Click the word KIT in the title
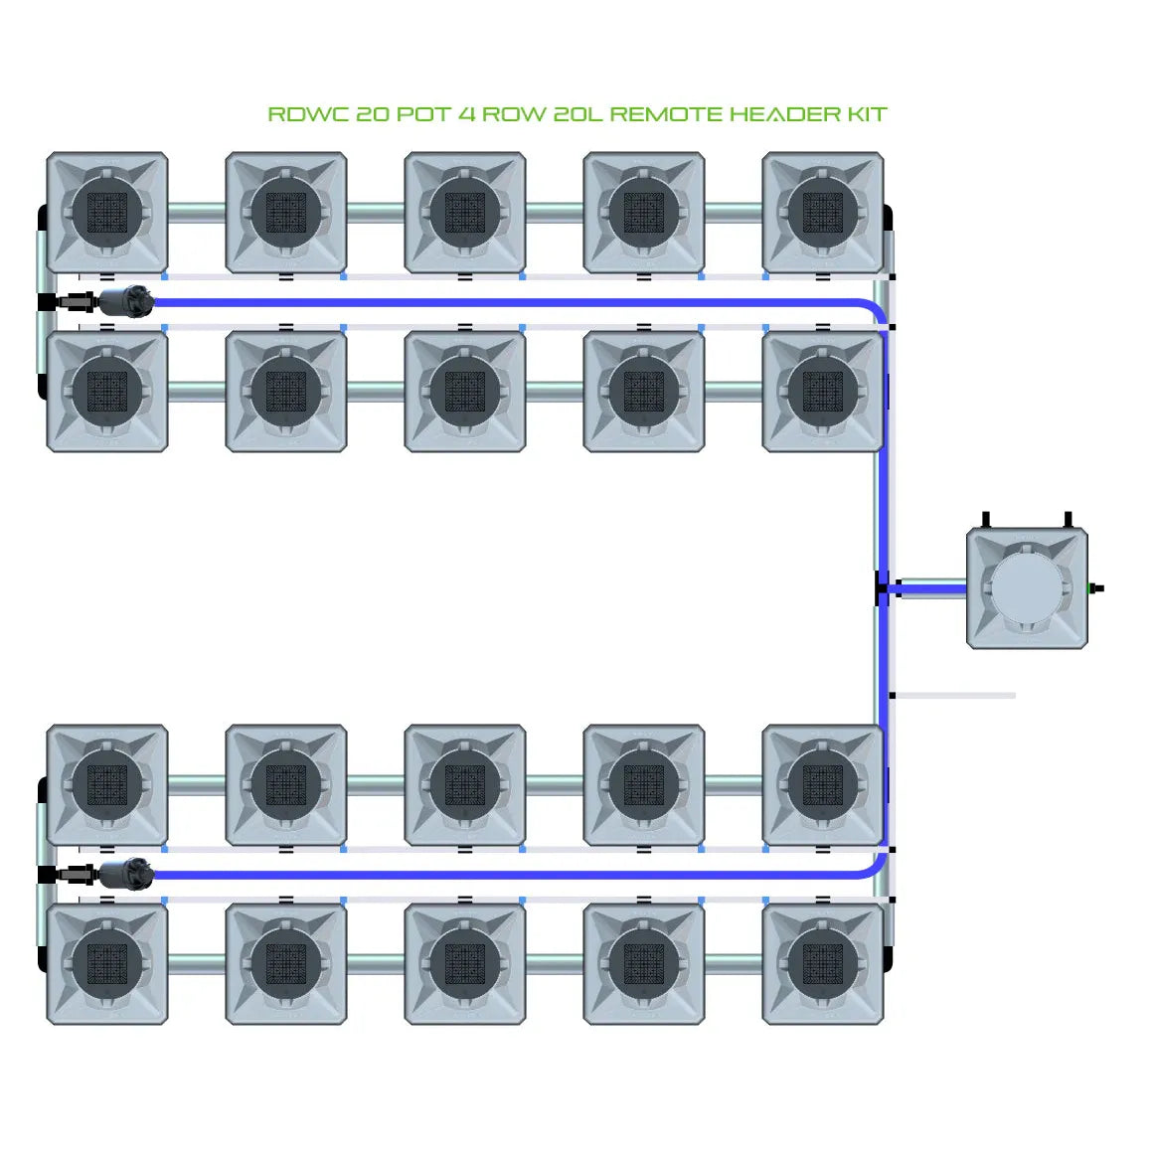[x=866, y=114]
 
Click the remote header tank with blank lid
[x=1027, y=588]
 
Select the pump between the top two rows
[x=127, y=300]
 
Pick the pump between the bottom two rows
[x=127, y=874]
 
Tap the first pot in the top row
[x=107, y=213]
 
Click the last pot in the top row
[x=823, y=213]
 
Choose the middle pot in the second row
[x=465, y=392]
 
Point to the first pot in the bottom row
[x=107, y=963]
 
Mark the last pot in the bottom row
[x=823, y=963]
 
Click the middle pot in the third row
[x=465, y=785]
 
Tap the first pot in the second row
[x=107, y=392]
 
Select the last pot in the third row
[x=823, y=785]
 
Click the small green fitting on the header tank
[x=1095, y=588]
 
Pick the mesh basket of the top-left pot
[x=107, y=213]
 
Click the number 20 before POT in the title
[x=372, y=114]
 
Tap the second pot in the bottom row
[x=286, y=963]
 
